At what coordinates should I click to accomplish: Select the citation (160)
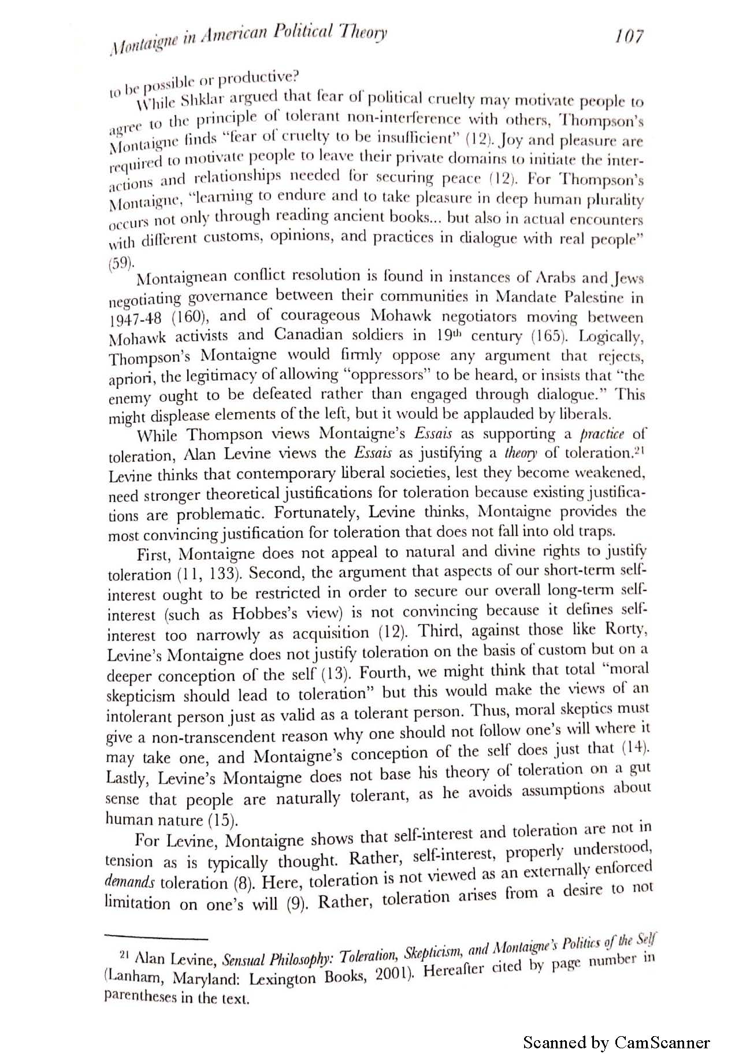click(185, 317)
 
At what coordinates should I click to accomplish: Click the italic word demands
click(131, 883)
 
